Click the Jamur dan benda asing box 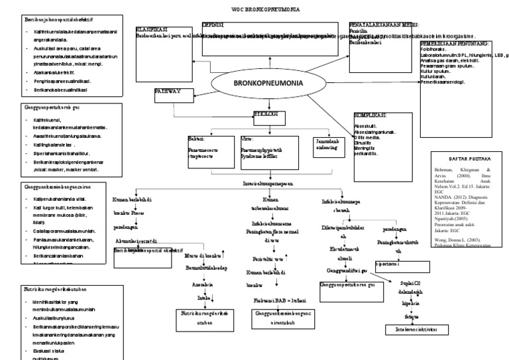(x=328, y=147)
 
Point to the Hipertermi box (x=392, y=263)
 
